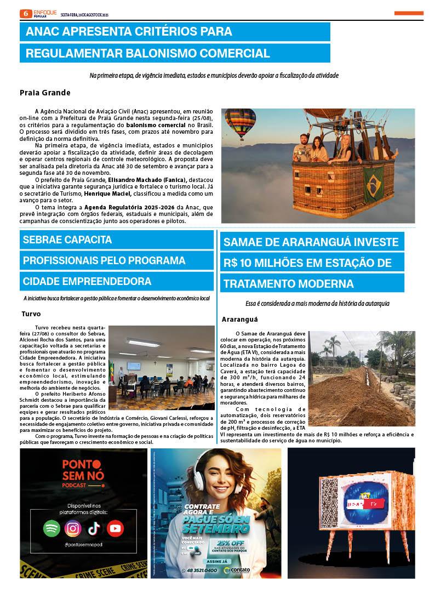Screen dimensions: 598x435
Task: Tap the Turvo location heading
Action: tap(31, 314)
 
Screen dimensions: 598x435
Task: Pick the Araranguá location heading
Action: tap(239, 319)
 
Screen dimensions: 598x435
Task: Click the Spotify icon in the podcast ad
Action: tap(51, 528)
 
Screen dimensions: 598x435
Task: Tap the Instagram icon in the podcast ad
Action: tap(73, 528)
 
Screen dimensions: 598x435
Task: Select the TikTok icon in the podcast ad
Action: tap(94, 528)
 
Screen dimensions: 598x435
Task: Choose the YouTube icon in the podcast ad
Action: tap(116, 528)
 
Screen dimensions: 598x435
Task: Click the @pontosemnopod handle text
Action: tap(83, 545)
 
